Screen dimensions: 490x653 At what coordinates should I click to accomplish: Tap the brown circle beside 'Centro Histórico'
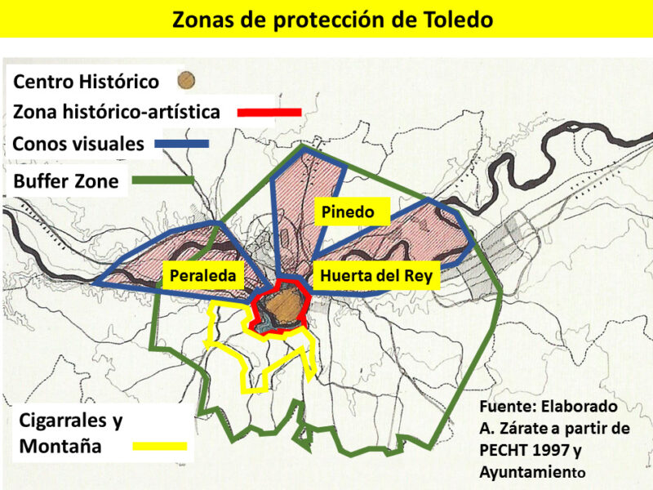coord(187,81)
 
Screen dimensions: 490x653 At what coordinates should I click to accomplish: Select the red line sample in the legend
coord(269,111)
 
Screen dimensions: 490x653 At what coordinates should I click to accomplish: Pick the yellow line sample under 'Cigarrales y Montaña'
coord(158,447)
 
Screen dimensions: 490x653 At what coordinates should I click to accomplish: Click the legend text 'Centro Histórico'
coord(86,82)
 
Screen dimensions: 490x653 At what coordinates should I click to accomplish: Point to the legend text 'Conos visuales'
coord(78,145)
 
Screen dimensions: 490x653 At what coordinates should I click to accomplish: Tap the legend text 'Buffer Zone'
coord(66,181)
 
